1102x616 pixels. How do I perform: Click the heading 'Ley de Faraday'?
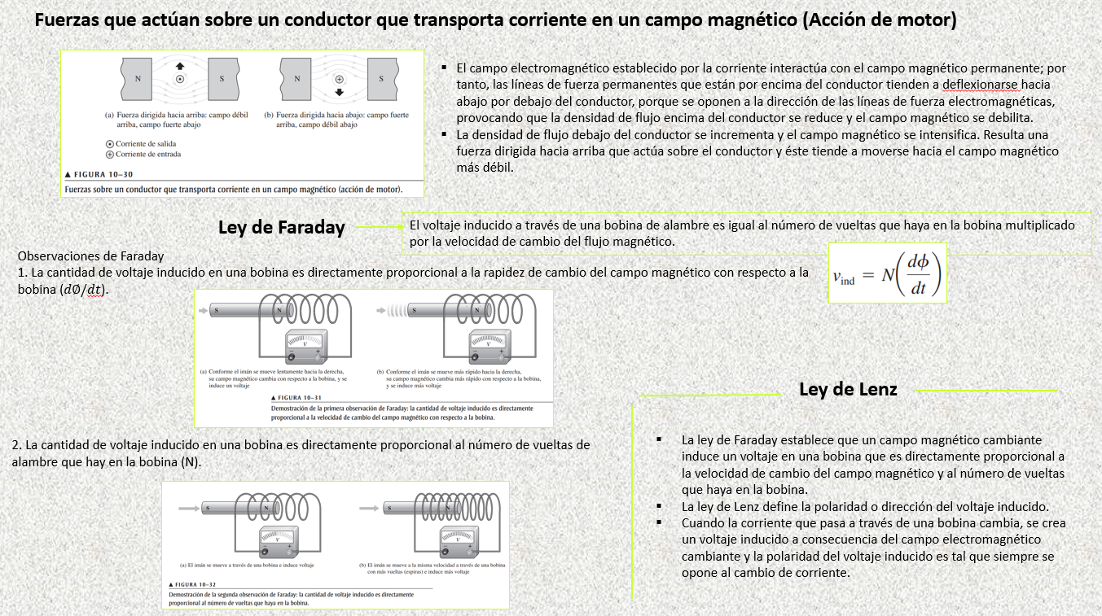(x=281, y=227)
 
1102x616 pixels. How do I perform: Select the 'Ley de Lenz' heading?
(x=848, y=389)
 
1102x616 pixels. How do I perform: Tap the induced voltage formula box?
(x=887, y=273)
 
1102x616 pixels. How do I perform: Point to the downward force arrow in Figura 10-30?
(x=339, y=92)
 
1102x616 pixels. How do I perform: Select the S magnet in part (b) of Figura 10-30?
(x=381, y=79)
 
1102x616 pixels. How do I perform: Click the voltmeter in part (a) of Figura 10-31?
(x=306, y=348)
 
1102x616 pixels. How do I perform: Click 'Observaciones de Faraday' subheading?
(x=90, y=256)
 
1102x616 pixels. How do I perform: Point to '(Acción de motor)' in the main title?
(x=879, y=20)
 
